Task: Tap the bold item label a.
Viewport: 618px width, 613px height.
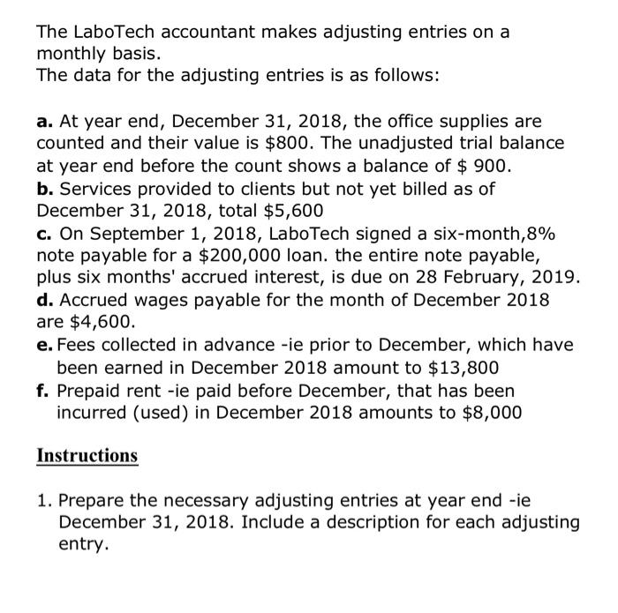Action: tap(43, 119)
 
